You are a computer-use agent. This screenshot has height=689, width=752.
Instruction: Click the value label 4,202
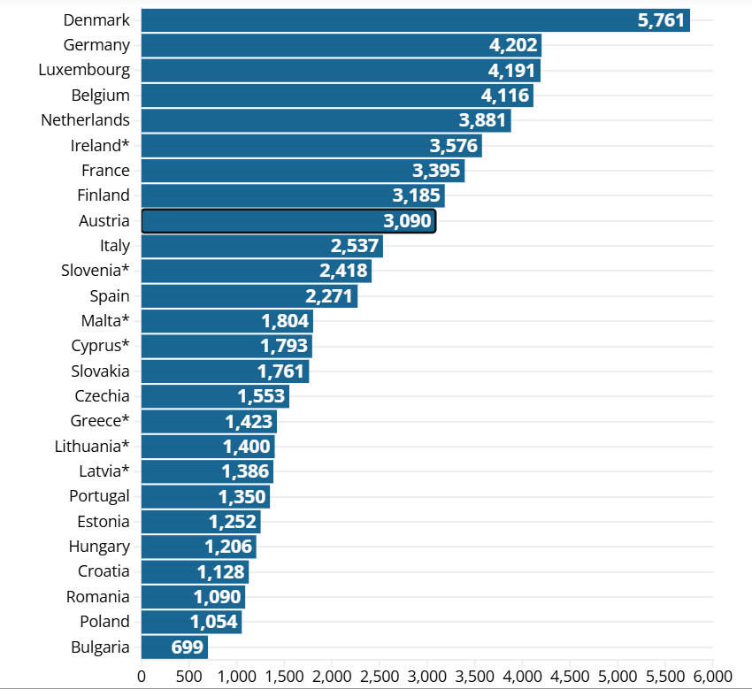tap(513, 45)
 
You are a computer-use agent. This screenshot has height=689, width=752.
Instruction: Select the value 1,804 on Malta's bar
tap(285, 321)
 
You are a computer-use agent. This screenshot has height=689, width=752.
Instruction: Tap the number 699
tap(188, 647)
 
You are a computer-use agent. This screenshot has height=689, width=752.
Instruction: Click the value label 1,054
tap(214, 622)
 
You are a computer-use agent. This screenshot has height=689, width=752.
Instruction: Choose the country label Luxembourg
tap(84, 70)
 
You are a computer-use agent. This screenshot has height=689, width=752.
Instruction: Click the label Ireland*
tap(100, 145)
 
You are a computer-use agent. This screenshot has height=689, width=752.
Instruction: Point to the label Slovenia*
tap(96, 271)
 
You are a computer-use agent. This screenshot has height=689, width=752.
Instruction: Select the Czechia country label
tap(102, 396)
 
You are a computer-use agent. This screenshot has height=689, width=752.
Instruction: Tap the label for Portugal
tap(99, 496)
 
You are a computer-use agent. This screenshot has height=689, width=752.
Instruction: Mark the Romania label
tap(97, 597)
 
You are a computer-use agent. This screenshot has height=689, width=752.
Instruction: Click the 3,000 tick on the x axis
tap(427, 678)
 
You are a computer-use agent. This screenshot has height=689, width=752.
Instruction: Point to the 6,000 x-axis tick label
tap(712, 678)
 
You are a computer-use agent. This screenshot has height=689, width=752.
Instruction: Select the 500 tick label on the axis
tap(188, 678)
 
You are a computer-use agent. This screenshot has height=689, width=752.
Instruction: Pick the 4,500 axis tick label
tap(570, 678)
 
